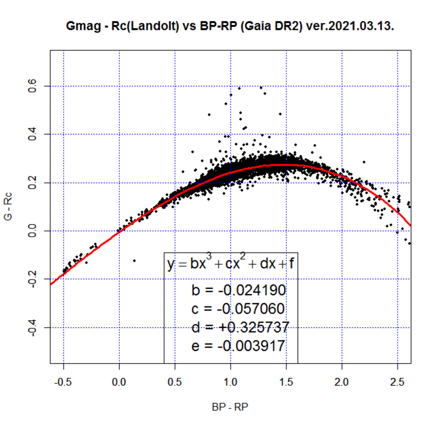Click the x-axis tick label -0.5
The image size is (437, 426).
pyautogui.click(x=64, y=382)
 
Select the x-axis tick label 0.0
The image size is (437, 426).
pyautogui.click(x=119, y=382)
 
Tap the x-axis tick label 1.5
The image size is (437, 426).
pyautogui.click(x=286, y=382)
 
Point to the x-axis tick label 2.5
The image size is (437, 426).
pyautogui.click(x=397, y=382)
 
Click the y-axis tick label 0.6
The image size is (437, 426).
pyautogui.click(x=33, y=86)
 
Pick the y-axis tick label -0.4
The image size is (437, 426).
pyautogui.click(x=33, y=327)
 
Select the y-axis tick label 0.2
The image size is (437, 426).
pyautogui.click(x=33, y=183)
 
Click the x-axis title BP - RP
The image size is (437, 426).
pyautogui.click(x=230, y=407)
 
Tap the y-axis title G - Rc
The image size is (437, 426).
pyautogui.click(x=8, y=206)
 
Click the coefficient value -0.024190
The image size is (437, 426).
pyautogui.click(x=252, y=290)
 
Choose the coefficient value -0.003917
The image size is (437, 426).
pyautogui.click(x=251, y=346)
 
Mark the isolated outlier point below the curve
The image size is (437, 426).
pyautogui.click(x=134, y=260)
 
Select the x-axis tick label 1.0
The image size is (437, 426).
pyautogui.click(x=230, y=382)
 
